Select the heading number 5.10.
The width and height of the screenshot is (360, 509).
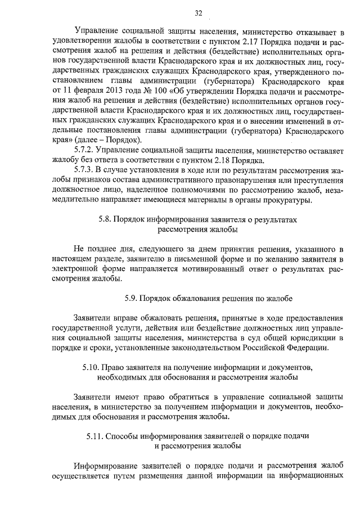[90, 367]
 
